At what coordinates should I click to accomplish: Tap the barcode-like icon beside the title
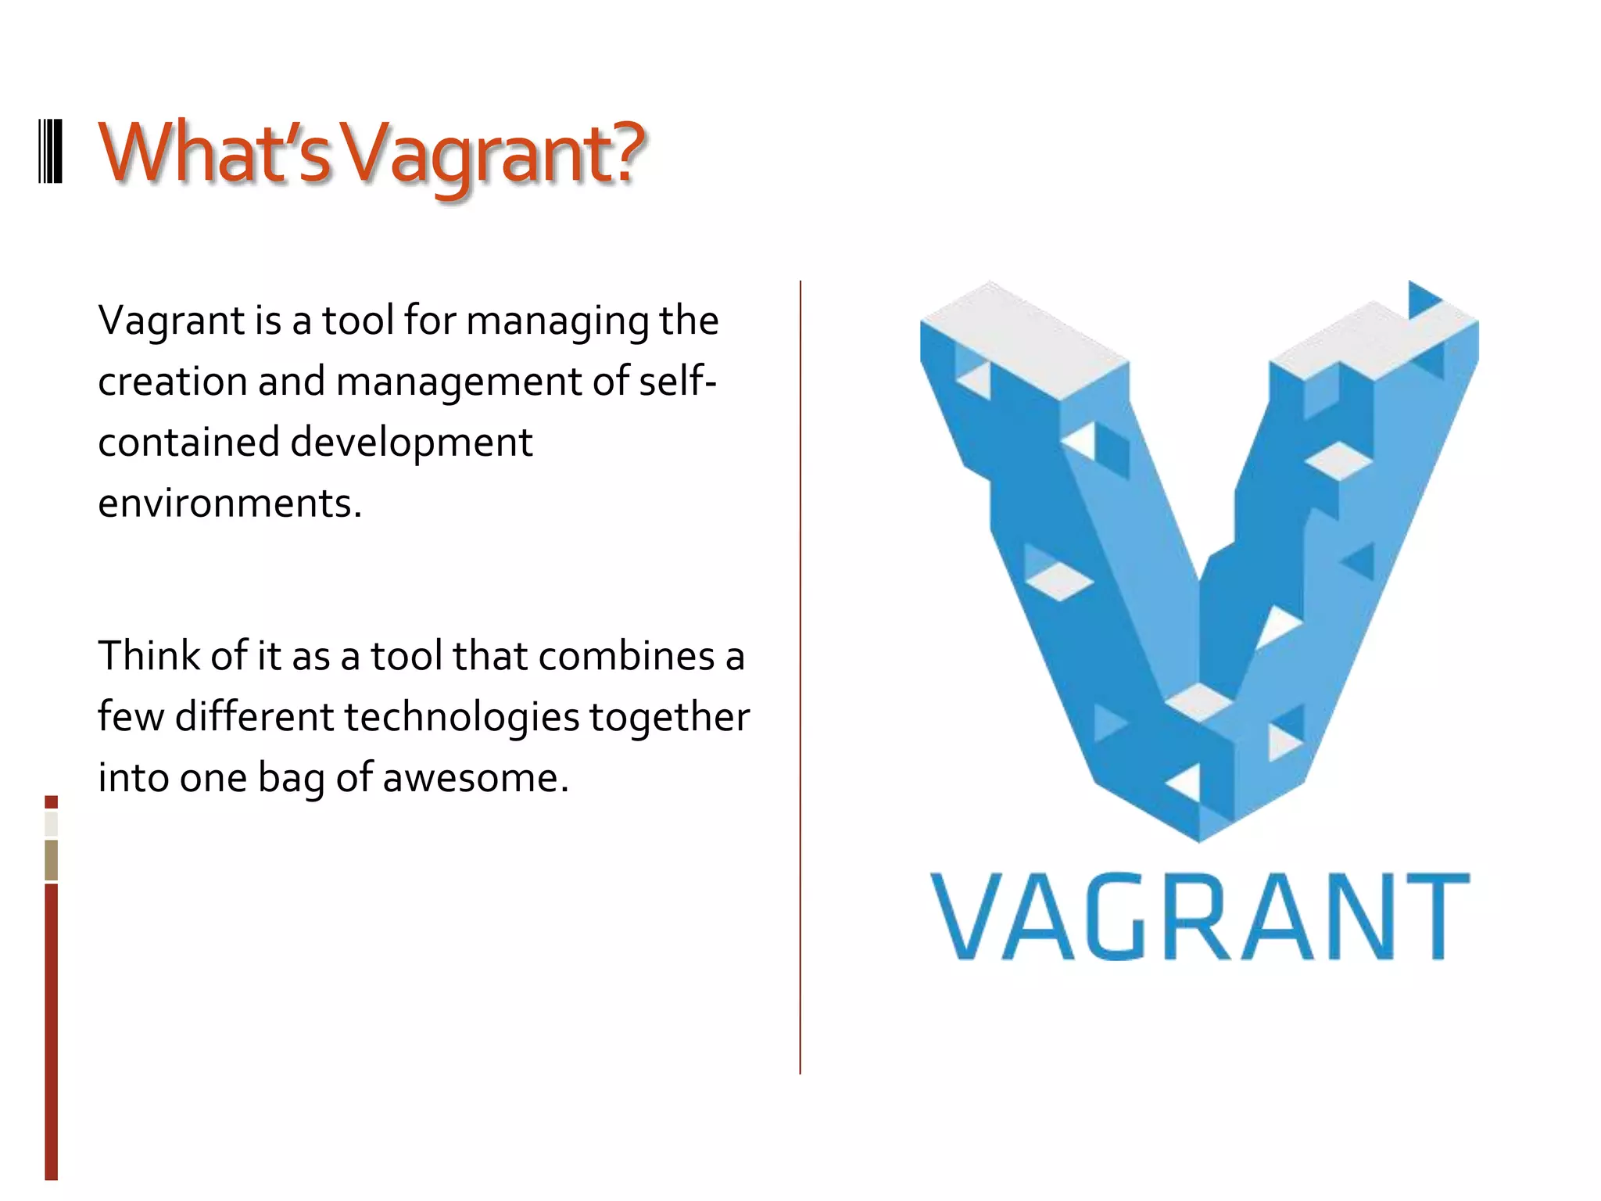click(x=51, y=152)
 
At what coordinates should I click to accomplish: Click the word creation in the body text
click(x=173, y=382)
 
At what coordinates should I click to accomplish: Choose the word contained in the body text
click(x=188, y=443)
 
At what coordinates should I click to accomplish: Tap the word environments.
click(x=230, y=503)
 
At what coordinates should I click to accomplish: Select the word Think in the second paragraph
click(x=149, y=655)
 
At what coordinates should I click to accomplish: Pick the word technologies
click(x=461, y=718)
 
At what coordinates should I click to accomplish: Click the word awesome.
click(x=475, y=778)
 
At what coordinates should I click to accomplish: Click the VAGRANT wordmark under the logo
click(x=1200, y=916)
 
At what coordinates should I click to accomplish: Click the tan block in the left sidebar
click(x=51, y=859)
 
